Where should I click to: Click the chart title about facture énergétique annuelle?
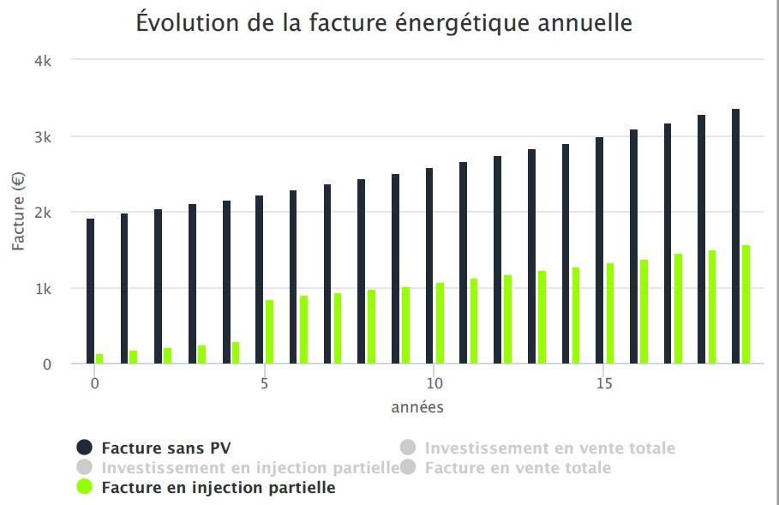(x=384, y=24)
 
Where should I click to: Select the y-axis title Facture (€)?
(x=19, y=213)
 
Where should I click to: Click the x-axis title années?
(x=417, y=407)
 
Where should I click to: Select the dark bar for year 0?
(x=90, y=292)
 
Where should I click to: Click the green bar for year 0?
(x=99, y=358)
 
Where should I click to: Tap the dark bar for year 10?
(x=429, y=266)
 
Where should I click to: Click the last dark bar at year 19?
(x=735, y=237)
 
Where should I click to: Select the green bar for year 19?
(x=746, y=304)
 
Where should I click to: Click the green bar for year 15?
(x=610, y=313)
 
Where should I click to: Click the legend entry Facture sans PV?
(x=165, y=448)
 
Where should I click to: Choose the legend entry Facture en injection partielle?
(x=218, y=488)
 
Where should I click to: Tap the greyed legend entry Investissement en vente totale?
(x=549, y=448)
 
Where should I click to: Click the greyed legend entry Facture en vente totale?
(x=518, y=468)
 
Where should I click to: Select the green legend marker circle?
(x=84, y=488)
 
